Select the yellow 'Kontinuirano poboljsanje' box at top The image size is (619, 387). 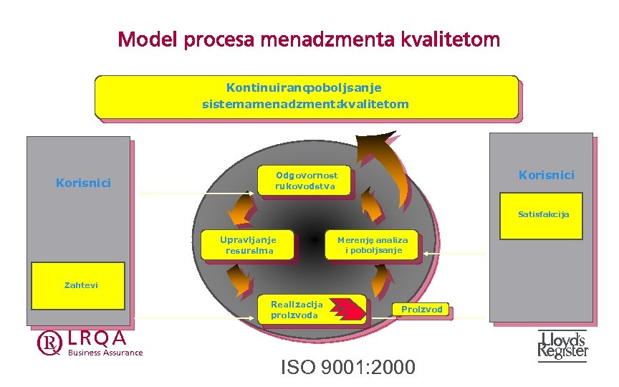click(306, 96)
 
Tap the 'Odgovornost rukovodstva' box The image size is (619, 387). click(306, 181)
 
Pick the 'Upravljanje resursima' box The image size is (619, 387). click(249, 245)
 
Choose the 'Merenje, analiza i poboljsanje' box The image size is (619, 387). click(373, 245)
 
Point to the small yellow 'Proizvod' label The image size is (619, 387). click(422, 310)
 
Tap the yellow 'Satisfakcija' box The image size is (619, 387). click(544, 214)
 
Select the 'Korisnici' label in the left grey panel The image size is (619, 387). click(83, 183)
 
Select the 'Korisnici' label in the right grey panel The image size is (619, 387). click(546, 175)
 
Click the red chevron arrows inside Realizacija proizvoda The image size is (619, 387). click(351, 310)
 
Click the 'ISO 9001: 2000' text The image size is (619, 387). click(347, 368)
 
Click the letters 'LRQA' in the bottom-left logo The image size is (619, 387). click(98, 338)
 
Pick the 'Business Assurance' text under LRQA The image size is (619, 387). click(105, 352)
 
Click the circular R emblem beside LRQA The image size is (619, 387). click(49, 344)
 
